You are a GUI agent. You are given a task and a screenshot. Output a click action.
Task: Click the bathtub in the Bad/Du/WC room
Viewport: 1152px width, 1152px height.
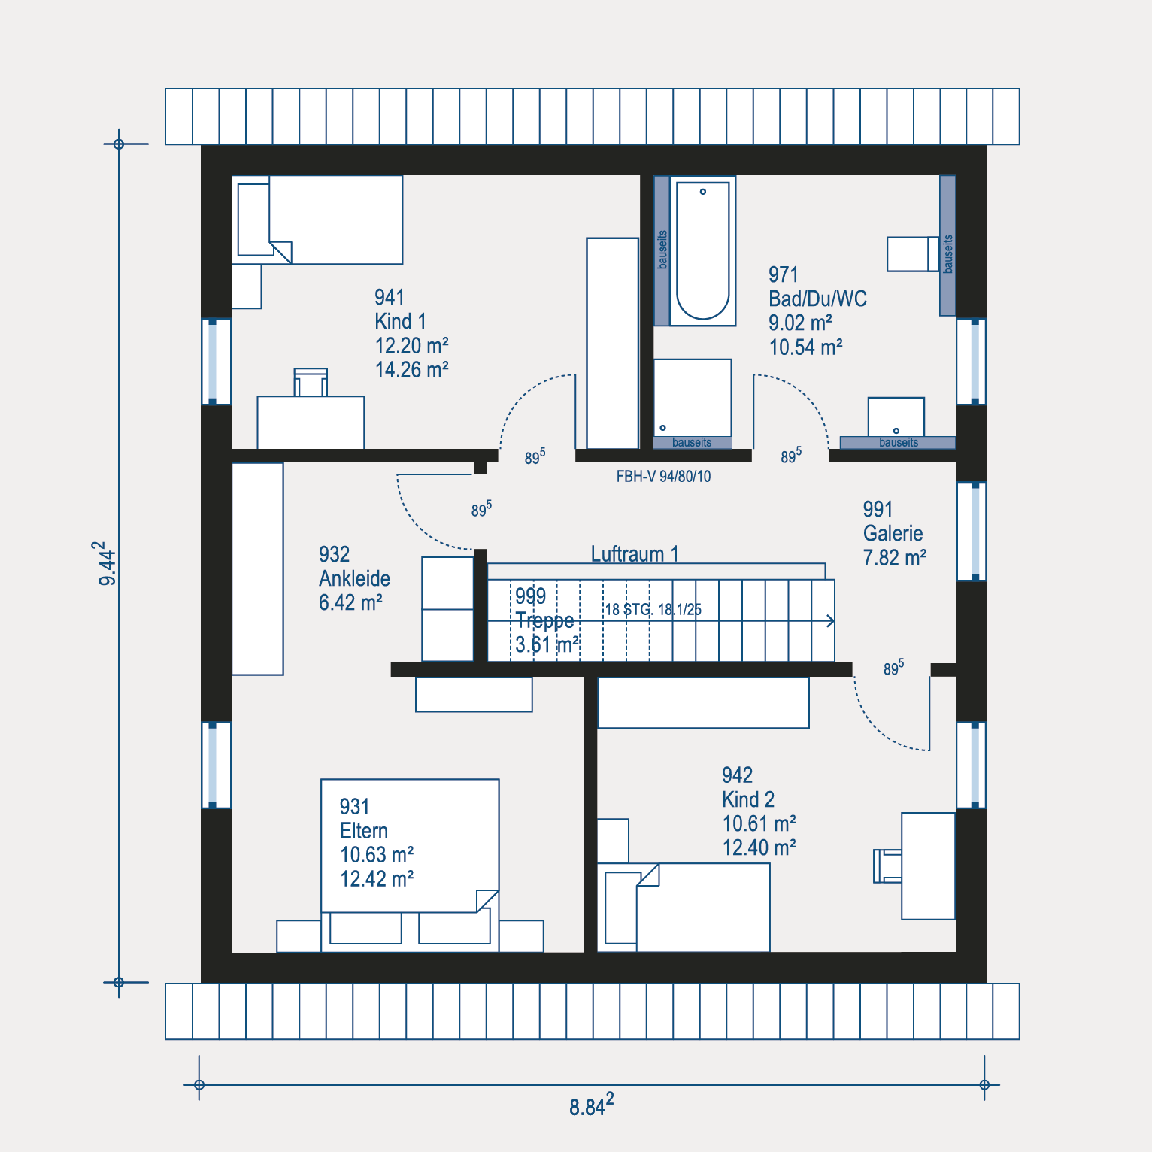tap(702, 250)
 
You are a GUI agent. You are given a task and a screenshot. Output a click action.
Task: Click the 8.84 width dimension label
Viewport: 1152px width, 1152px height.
tap(591, 1105)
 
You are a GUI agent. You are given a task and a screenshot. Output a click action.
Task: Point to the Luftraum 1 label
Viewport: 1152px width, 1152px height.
tap(635, 554)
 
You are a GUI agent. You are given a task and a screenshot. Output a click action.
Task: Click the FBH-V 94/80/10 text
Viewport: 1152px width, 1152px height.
tap(663, 476)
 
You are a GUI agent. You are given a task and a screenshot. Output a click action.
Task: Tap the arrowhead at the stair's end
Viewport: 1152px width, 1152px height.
tap(831, 621)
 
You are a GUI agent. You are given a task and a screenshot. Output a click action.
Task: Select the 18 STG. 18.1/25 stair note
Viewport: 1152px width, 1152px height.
tap(653, 609)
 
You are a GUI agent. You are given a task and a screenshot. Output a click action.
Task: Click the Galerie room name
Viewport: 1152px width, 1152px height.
tap(893, 533)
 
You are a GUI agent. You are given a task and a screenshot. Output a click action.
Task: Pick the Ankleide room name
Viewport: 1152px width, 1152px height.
tap(354, 578)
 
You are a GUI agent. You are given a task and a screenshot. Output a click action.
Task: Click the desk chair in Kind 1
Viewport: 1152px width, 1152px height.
tap(311, 382)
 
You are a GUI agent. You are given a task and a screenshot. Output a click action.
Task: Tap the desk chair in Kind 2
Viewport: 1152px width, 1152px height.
tap(887, 866)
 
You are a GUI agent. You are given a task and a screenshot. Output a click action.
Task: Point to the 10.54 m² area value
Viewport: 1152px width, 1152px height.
tap(805, 347)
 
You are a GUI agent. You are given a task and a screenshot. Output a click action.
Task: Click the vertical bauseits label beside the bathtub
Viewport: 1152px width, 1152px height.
tap(662, 250)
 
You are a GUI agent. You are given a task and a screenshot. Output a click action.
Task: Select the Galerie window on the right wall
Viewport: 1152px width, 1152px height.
tap(972, 531)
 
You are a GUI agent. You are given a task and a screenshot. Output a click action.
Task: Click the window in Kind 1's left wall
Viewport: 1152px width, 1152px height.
tap(216, 362)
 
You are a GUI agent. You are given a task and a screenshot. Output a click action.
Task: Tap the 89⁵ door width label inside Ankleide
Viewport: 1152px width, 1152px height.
tap(481, 509)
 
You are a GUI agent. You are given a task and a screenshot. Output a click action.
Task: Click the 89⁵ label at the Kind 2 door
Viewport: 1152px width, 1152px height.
tap(893, 667)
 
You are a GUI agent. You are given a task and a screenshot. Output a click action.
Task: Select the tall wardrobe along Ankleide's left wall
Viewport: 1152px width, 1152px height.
tap(257, 568)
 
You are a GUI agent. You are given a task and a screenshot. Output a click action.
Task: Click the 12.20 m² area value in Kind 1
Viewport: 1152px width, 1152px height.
tap(411, 345)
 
